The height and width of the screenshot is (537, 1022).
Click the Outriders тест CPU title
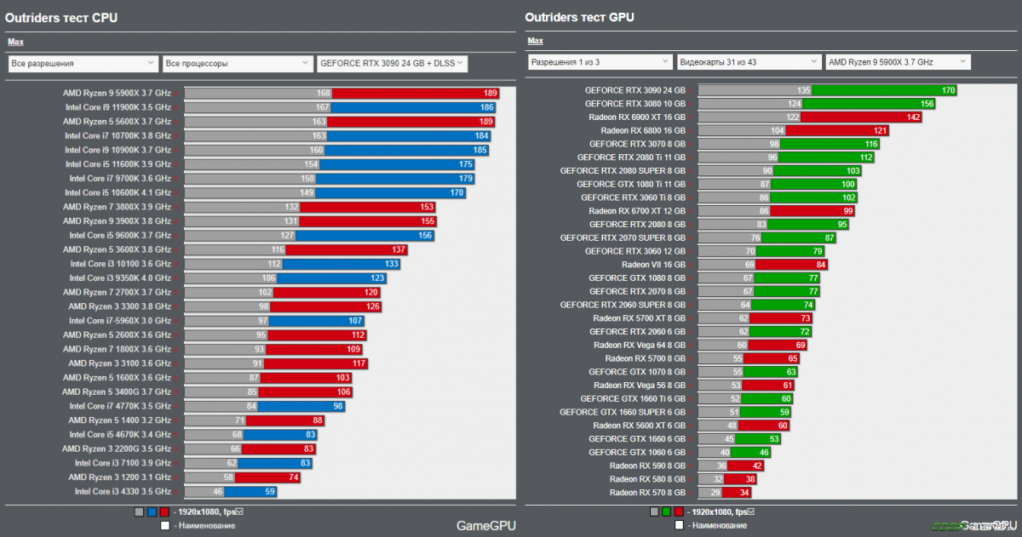click(61, 17)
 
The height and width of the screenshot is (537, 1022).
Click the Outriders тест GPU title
click(579, 17)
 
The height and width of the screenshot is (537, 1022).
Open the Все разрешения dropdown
click(83, 63)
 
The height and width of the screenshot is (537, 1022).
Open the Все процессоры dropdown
click(238, 63)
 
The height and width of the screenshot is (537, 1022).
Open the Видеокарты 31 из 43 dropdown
click(749, 62)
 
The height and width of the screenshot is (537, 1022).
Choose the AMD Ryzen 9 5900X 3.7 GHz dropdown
click(898, 62)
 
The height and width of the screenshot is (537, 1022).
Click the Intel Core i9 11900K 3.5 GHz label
click(118, 107)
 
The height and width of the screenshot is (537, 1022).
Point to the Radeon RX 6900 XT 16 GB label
click(636, 117)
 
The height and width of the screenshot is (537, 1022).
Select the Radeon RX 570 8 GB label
click(647, 492)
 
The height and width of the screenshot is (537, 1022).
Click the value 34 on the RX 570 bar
click(744, 492)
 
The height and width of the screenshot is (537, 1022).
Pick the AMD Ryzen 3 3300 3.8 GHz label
click(119, 306)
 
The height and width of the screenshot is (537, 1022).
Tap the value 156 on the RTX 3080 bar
click(927, 104)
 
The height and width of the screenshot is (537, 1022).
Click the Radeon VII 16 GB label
click(653, 265)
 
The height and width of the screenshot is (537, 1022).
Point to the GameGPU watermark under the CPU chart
click(485, 526)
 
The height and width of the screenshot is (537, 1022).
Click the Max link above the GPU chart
click(535, 41)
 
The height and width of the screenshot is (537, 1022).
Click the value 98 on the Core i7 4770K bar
click(338, 406)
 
